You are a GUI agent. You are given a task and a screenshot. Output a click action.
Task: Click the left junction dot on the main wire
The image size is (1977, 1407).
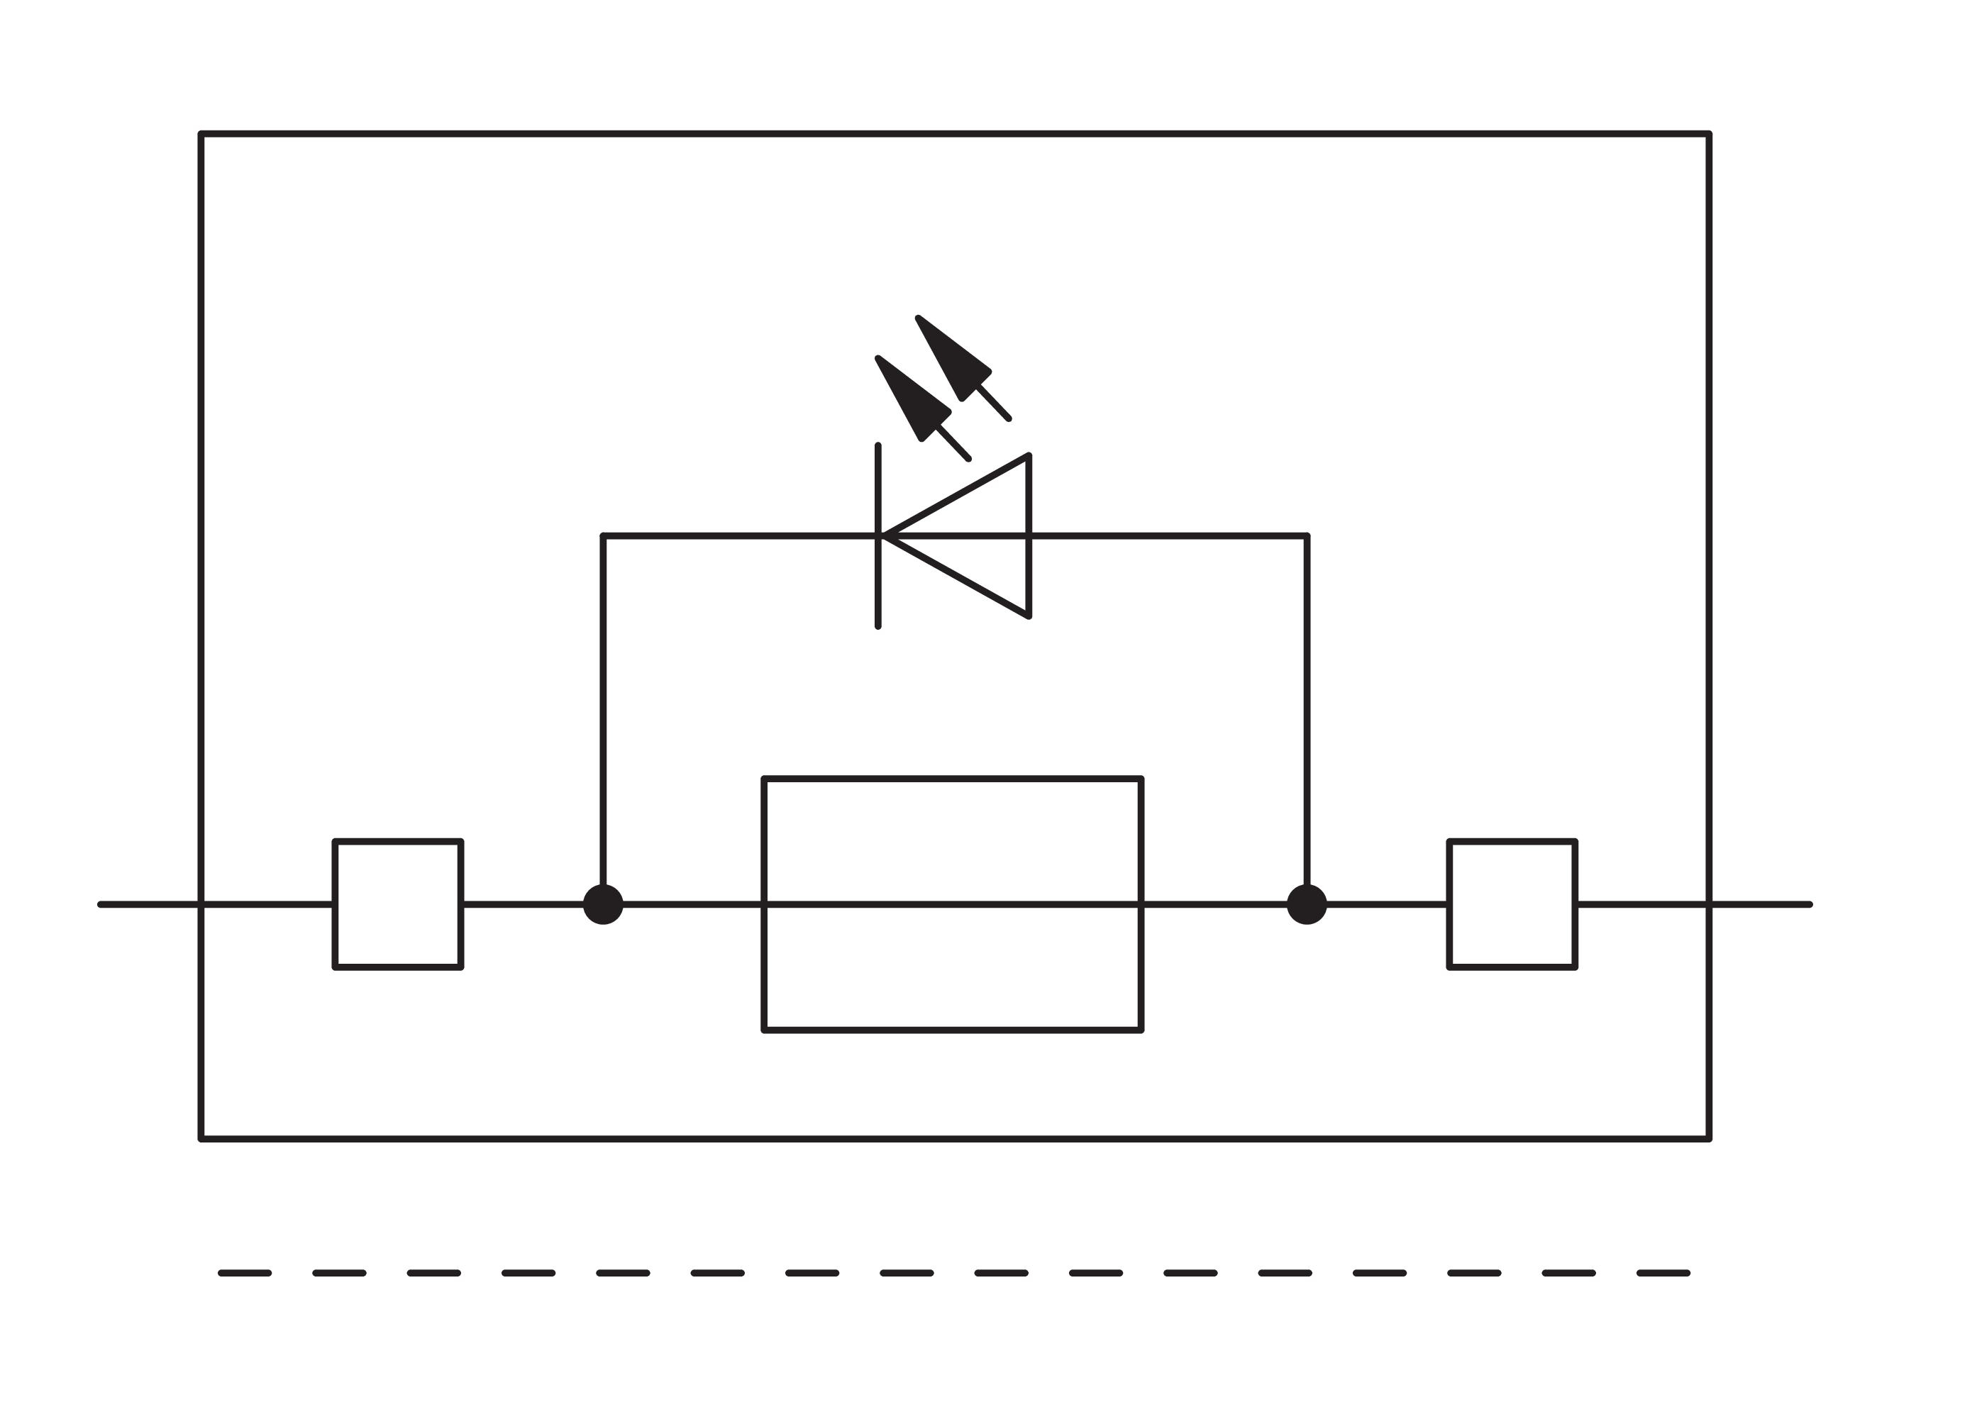(602, 904)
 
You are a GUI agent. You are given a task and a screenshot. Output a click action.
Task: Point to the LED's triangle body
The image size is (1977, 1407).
(980, 536)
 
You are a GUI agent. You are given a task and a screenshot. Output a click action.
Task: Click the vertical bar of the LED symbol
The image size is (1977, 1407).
(878, 589)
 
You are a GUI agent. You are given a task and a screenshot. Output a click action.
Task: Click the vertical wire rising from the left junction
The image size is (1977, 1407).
(602, 711)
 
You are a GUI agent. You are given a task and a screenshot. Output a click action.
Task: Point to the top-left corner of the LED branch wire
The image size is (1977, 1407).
(603, 537)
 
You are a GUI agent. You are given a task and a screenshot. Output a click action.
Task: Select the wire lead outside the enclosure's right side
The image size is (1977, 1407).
(1759, 904)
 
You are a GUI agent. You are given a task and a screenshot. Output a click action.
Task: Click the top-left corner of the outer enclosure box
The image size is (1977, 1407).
(201, 134)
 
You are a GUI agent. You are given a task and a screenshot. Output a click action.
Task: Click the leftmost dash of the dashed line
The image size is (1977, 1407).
(245, 1274)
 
